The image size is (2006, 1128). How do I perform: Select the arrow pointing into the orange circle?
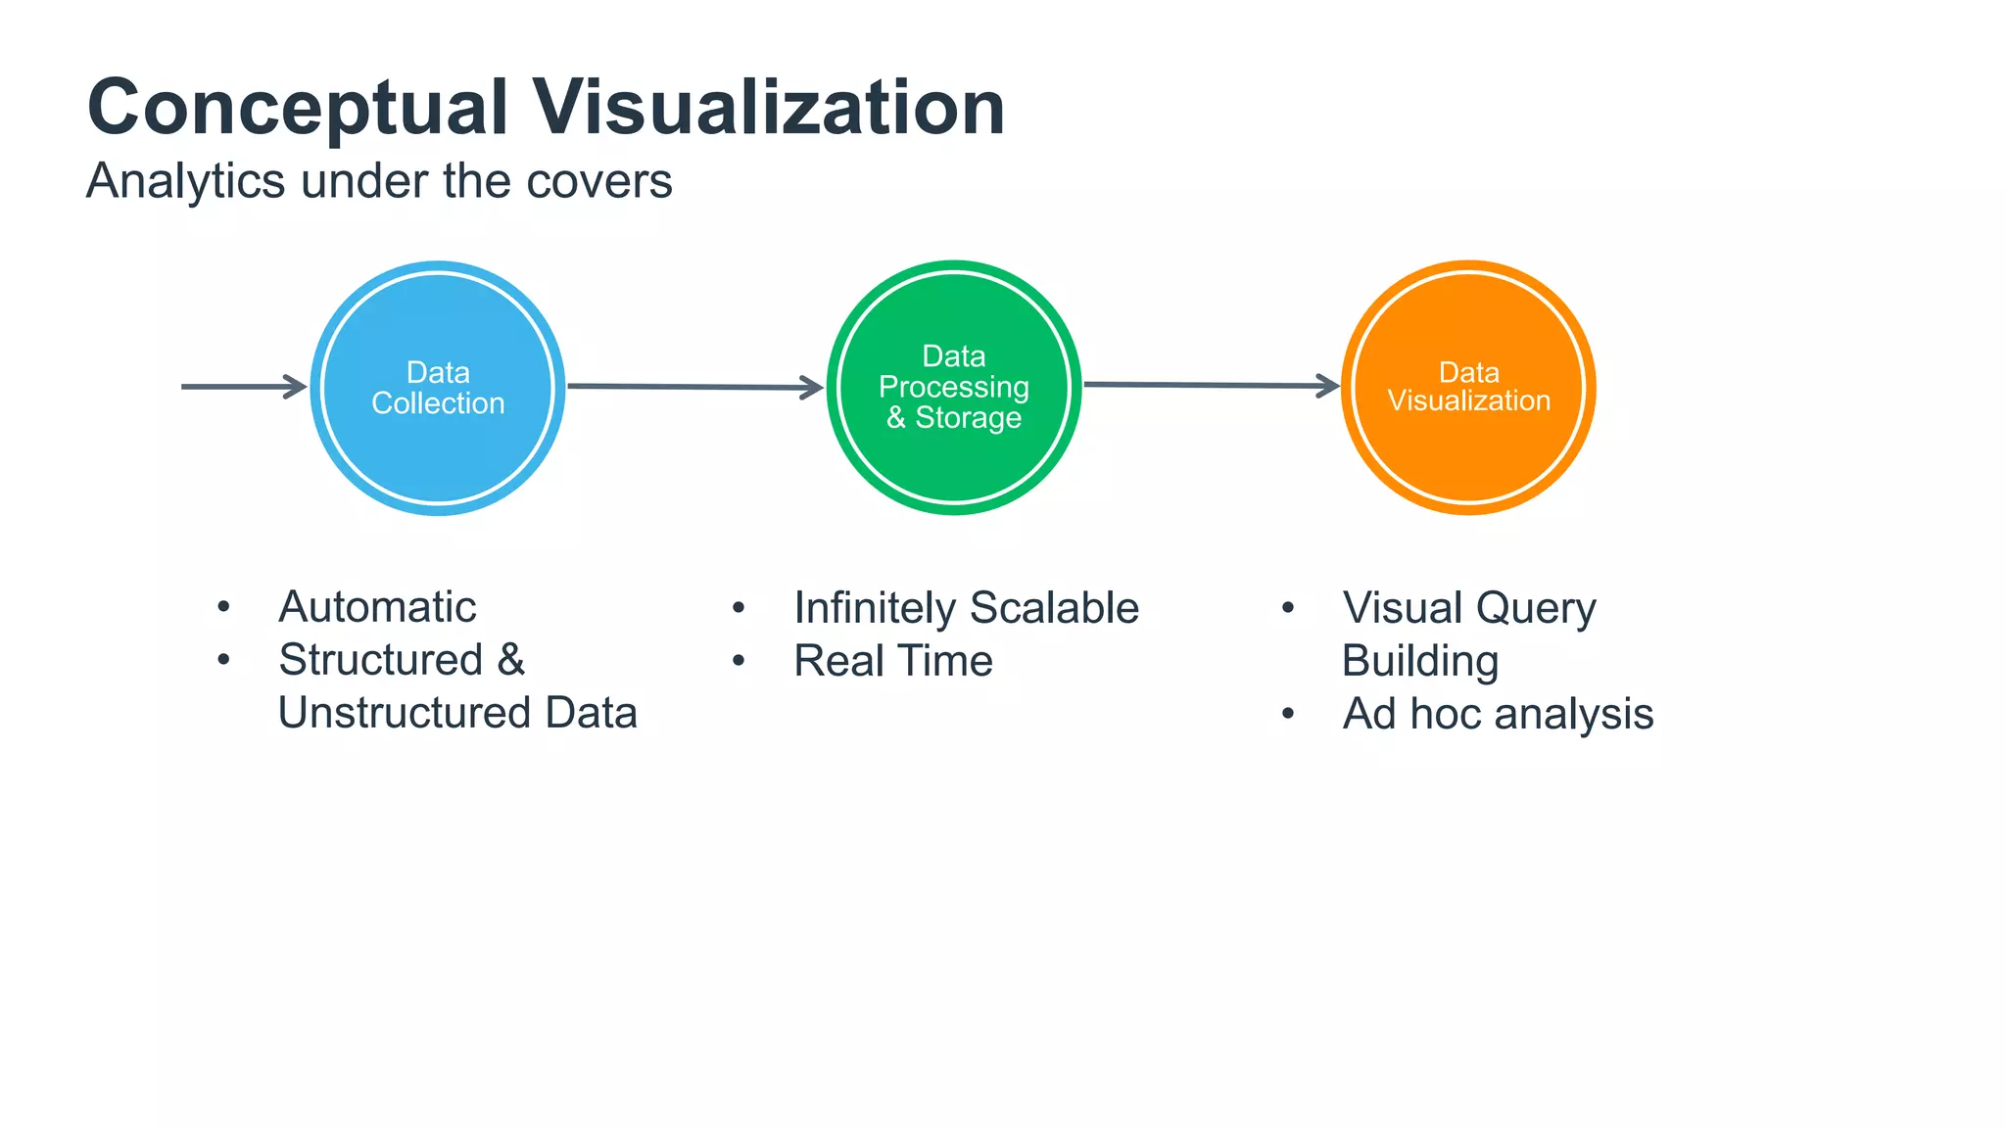click(x=1211, y=385)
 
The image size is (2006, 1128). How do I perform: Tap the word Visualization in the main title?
click(x=768, y=108)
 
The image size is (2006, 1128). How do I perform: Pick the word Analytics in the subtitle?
click(x=185, y=181)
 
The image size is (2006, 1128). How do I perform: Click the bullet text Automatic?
click(x=377, y=607)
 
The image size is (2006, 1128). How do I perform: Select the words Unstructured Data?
click(x=457, y=713)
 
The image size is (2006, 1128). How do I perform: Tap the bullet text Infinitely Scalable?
click(x=966, y=608)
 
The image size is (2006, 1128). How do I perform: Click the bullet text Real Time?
click(x=892, y=661)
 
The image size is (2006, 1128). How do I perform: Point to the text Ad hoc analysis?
click(x=1497, y=714)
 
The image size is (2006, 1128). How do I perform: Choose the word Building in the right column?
click(x=1419, y=662)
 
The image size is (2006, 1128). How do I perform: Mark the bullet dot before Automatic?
click(x=224, y=607)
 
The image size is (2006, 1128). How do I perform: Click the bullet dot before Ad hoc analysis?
click(x=1288, y=714)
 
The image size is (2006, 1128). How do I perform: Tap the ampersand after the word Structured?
click(x=511, y=660)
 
